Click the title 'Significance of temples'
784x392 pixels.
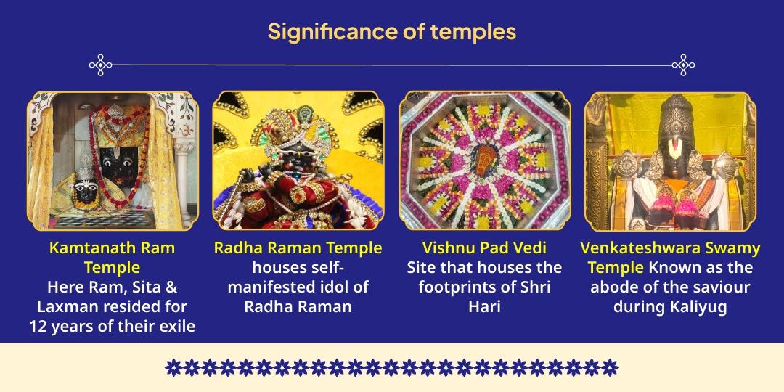click(x=391, y=32)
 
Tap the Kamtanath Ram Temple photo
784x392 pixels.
click(x=113, y=160)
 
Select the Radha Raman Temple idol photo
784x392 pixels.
click(x=298, y=160)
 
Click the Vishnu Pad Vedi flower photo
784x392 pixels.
click(x=484, y=160)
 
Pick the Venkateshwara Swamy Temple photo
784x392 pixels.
click(x=670, y=160)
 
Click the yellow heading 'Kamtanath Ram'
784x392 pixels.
click(x=112, y=248)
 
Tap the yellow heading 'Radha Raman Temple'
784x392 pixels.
click(x=298, y=248)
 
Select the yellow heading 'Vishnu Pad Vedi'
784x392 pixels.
click(x=484, y=248)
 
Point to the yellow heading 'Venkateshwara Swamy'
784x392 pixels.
click(x=670, y=248)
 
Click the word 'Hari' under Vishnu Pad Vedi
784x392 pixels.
click(x=484, y=306)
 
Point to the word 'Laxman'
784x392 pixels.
click(x=65, y=306)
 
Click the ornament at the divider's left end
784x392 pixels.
click(x=101, y=65)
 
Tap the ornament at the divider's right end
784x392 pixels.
click(x=683, y=65)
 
